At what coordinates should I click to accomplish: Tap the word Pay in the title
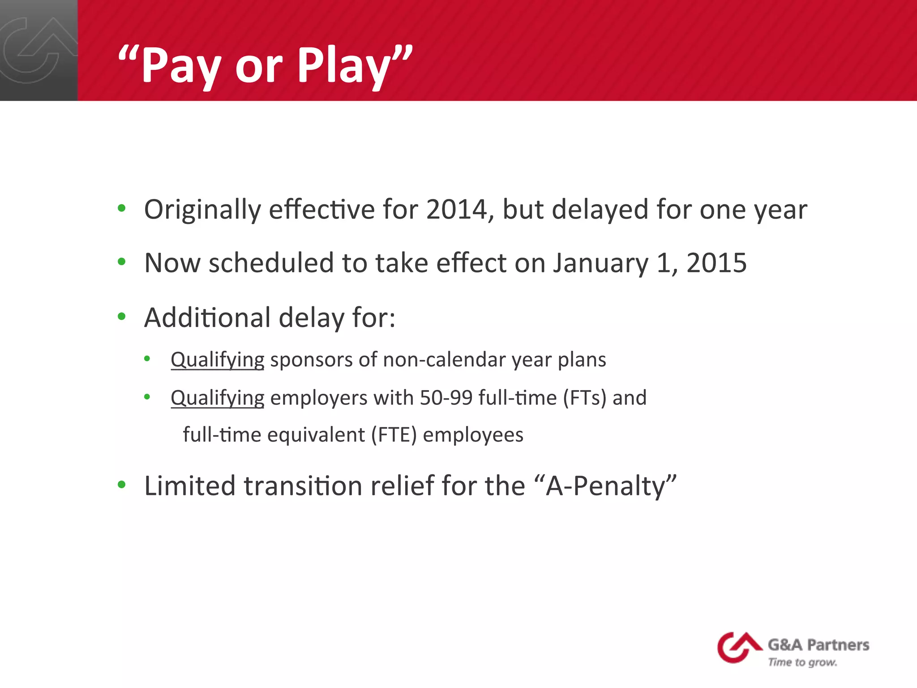(x=181, y=66)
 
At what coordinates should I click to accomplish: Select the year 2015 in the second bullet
(x=716, y=263)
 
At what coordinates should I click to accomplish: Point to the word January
(x=600, y=263)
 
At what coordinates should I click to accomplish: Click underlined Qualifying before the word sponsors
(x=218, y=360)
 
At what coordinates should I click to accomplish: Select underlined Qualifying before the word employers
(x=218, y=398)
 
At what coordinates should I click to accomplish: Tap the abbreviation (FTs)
(x=584, y=398)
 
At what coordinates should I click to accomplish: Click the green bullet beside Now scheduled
(x=121, y=262)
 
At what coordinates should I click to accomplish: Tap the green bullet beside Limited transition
(x=121, y=485)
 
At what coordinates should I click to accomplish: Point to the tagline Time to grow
(x=802, y=662)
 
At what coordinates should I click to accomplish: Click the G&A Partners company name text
(x=818, y=645)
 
